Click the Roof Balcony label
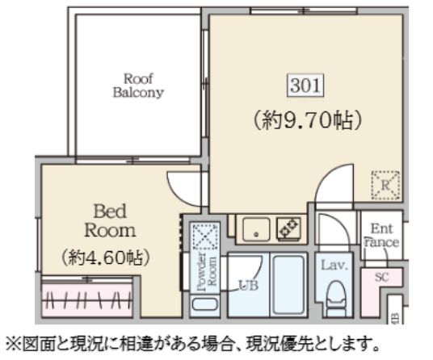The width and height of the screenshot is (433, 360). [x=137, y=85]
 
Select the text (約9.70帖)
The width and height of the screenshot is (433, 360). [x=303, y=121]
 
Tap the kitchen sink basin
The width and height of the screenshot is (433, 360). [x=255, y=230]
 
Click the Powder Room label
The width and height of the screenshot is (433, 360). [x=203, y=270]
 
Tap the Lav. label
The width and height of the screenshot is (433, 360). [x=333, y=264]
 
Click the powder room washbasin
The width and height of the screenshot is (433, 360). [x=203, y=306]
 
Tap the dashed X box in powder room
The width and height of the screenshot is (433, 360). [x=203, y=237]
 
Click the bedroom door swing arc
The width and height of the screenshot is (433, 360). [x=179, y=187]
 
